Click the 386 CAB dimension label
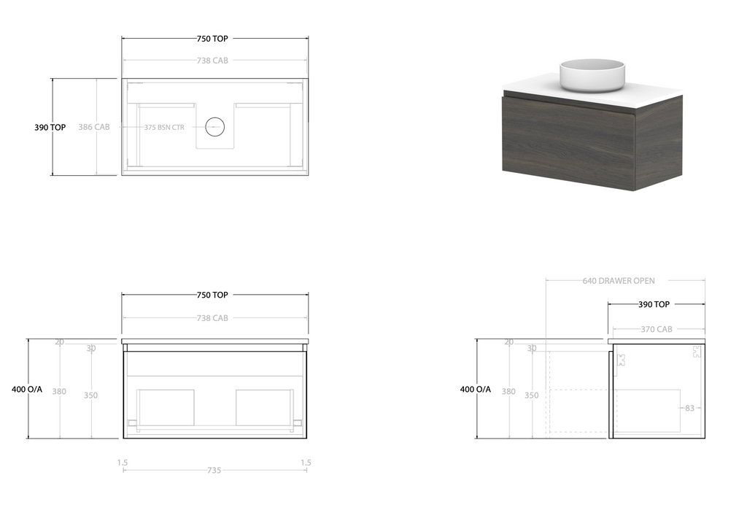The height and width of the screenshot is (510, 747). (93, 127)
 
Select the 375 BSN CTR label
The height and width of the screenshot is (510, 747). (164, 127)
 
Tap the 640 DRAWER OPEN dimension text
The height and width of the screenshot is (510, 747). (619, 281)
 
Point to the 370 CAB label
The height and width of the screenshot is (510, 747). (657, 329)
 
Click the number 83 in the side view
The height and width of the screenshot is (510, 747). (689, 409)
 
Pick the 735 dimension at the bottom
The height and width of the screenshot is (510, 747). (214, 471)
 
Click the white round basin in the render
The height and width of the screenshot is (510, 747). (592, 75)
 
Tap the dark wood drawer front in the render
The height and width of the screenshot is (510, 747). (568, 142)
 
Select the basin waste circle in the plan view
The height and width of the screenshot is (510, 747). (214, 127)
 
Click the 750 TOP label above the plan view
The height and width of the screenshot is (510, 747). (212, 39)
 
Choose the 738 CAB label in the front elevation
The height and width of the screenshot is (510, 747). (212, 318)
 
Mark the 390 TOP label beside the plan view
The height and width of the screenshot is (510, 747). (50, 127)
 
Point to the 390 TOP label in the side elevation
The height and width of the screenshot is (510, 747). (654, 304)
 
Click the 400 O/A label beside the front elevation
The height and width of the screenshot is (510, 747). (27, 389)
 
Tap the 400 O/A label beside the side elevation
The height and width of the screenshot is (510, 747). (476, 389)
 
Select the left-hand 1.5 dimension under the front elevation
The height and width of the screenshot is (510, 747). (123, 462)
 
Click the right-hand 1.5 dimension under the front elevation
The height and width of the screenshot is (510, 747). (306, 462)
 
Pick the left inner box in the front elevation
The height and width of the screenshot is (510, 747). (166, 406)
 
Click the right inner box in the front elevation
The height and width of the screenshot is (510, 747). (264, 406)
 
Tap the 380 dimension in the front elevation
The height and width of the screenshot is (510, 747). (59, 392)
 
